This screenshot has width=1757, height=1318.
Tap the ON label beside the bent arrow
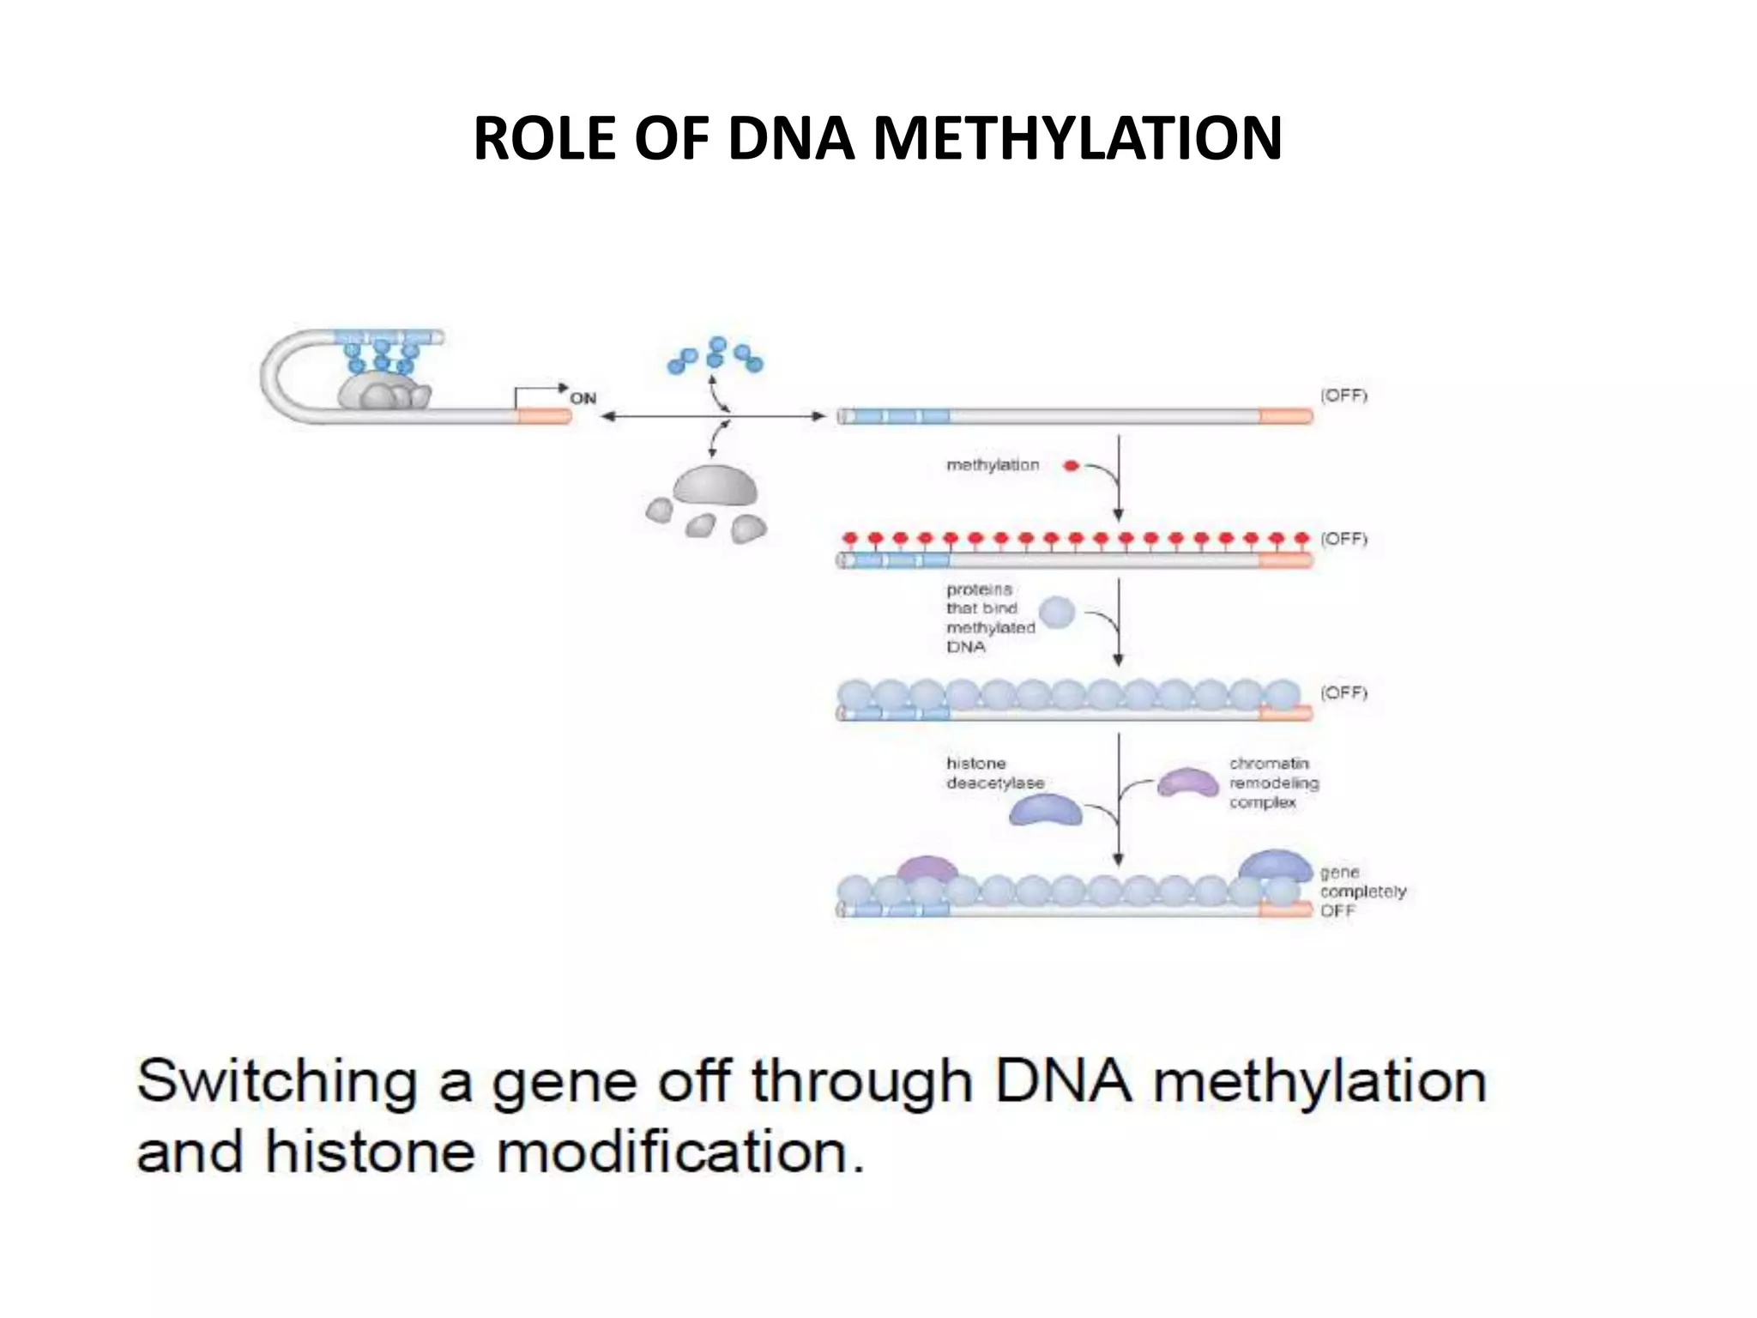tap(583, 398)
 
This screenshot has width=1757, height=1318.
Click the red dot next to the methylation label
tap(1071, 466)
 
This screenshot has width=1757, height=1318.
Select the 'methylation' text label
tap(993, 465)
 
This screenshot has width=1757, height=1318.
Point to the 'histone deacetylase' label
tap(995, 773)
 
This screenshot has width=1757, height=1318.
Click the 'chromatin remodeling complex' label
tap(1273, 783)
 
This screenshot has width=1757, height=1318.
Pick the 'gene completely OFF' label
tap(1362, 892)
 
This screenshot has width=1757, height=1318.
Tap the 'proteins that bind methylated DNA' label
tap(990, 618)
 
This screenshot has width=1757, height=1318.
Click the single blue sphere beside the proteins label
tap(1057, 613)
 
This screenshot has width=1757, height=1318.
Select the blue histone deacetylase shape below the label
tap(1045, 811)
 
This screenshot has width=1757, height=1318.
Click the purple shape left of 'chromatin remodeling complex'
tap(1187, 783)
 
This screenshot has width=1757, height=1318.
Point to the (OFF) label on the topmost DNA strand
tap(1343, 396)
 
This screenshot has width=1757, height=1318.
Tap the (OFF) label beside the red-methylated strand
tap(1343, 539)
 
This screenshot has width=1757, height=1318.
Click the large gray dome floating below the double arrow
tap(715, 487)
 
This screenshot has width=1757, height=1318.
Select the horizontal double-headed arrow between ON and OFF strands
tap(712, 417)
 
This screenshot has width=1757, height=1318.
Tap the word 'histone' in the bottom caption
tap(370, 1152)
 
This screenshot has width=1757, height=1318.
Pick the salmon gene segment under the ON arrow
tap(544, 416)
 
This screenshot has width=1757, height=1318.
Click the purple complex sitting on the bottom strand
tap(927, 869)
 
